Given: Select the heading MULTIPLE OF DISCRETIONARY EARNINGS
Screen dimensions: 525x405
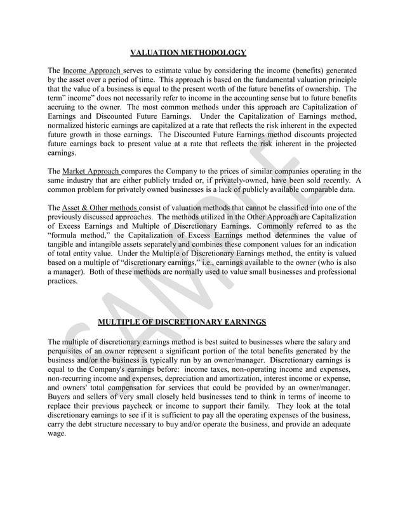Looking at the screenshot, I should click(182, 322).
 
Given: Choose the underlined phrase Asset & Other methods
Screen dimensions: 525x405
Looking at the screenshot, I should click(100, 208).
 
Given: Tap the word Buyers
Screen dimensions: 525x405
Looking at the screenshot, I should click(62, 396).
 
